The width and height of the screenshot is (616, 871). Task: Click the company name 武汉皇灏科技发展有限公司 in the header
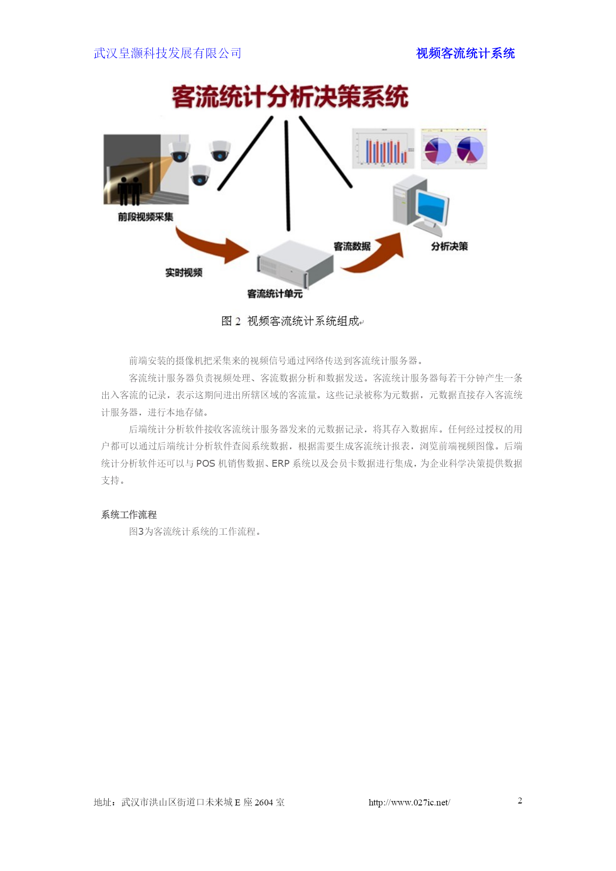click(167, 53)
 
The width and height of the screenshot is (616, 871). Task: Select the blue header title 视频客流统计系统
click(465, 53)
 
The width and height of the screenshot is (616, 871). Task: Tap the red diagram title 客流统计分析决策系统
click(290, 96)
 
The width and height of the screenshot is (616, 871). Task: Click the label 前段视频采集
click(145, 217)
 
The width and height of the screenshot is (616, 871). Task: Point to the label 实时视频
click(184, 273)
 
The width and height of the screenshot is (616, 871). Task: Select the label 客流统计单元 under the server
click(275, 294)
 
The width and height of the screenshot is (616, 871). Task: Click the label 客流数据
click(352, 246)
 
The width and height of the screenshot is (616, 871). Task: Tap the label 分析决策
click(449, 246)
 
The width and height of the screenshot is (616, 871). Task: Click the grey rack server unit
click(295, 264)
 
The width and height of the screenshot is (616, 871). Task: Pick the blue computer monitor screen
click(433, 208)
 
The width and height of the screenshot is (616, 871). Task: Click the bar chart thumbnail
click(383, 148)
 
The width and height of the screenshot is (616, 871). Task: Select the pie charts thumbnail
click(454, 148)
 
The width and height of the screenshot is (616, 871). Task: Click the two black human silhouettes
click(130, 191)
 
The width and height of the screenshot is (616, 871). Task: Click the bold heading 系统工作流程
click(129, 514)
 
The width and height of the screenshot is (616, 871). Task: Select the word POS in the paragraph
click(205, 463)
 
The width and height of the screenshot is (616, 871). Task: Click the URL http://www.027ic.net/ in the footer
click(409, 802)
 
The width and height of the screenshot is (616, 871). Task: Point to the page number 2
click(520, 800)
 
